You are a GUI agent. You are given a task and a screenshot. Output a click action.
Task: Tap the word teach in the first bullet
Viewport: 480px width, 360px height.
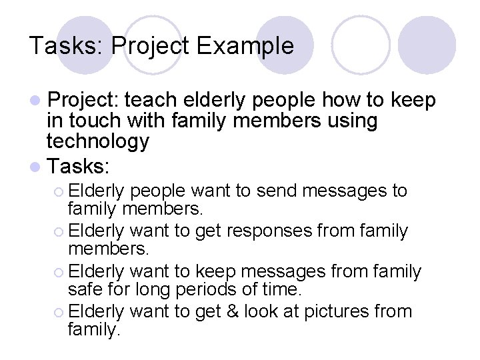pos(149,101)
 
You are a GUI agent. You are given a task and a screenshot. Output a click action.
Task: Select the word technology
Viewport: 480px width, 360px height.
pos(97,141)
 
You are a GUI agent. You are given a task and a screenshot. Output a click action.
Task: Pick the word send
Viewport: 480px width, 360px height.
pos(274,191)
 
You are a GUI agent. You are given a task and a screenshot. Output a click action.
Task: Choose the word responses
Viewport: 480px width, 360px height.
pos(266,231)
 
